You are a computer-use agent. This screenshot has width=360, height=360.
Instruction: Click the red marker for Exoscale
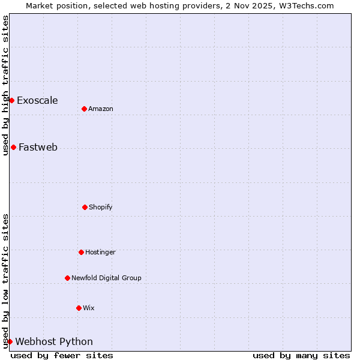coord(11,100)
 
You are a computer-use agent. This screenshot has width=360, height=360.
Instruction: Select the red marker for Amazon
coord(84,109)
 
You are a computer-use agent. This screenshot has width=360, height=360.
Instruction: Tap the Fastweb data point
coord(13,147)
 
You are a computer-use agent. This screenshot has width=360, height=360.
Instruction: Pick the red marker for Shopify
coord(85,207)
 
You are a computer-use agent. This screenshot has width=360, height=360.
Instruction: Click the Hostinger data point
coord(81,252)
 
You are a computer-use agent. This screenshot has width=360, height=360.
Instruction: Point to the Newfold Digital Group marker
coord(67,278)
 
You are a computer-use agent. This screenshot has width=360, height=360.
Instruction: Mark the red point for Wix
coord(79,308)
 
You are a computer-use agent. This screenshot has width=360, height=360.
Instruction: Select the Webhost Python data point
coord(10,341)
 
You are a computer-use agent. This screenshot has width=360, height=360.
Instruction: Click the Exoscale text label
coord(37,100)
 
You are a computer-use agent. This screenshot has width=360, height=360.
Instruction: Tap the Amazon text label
coord(101,109)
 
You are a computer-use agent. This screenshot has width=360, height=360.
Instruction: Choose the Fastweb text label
coord(38,147)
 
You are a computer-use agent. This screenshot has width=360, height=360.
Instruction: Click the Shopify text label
coord(101,207)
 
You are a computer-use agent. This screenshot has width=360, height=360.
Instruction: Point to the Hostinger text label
coord(100,252)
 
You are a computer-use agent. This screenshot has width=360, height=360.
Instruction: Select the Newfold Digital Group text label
coord(106,278)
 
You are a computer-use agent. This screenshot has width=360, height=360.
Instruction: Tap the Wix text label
coord(89,308)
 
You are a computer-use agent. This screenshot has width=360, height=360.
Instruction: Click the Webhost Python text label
coord(54,341)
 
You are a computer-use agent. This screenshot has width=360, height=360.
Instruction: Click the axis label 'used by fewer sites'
coord(62,355)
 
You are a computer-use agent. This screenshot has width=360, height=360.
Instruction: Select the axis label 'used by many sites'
coord(301,355)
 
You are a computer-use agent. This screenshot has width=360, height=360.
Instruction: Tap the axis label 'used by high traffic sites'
coord(5,85)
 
